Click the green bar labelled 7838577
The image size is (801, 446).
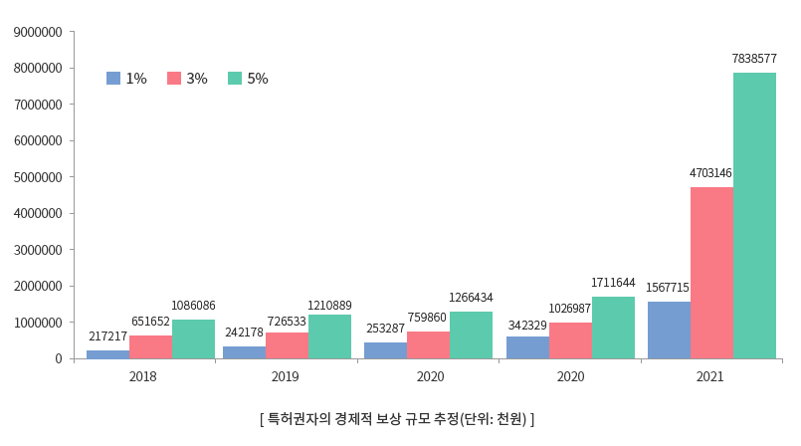pyautogui.click(x=754, y=215)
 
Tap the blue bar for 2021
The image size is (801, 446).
pyautogui.click(x=669, y=330)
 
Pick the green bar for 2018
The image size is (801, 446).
pyautogui.click(x=193, y=338)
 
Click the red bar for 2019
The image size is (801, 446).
pyautogui.click(x=287, y=344)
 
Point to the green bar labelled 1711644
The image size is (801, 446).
pyautogui.click(x=613, y=328)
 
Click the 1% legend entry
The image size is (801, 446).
pyautogui.click(x=126, y=79)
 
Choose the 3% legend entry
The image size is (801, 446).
pyautogui.click(x=187, y=79)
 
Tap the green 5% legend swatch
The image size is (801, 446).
pyautogui.click(x=235, y=79)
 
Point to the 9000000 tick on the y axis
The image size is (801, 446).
pyautogui.click(x=38, y=32)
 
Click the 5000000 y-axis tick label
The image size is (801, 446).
pyautogui.click(x=38, y=177)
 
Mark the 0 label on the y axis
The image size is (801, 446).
pyautogui.click(x=58, y=358)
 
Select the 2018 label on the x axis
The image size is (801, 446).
pyautogui.click(x=143, y=377)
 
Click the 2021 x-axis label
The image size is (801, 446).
pyautogui.click(x=710, y=377)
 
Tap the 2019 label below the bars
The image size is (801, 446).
pyautogui.click(x=286, y=377)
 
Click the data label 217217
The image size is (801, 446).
pyautogui.click(x=107, y=336)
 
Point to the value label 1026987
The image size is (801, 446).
pyautogui.click(x=569, y=310)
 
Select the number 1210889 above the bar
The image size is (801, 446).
pyautogui.click(x=329, y=305)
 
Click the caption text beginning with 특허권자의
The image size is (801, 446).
pyautogui.click(x=397, y=419)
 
